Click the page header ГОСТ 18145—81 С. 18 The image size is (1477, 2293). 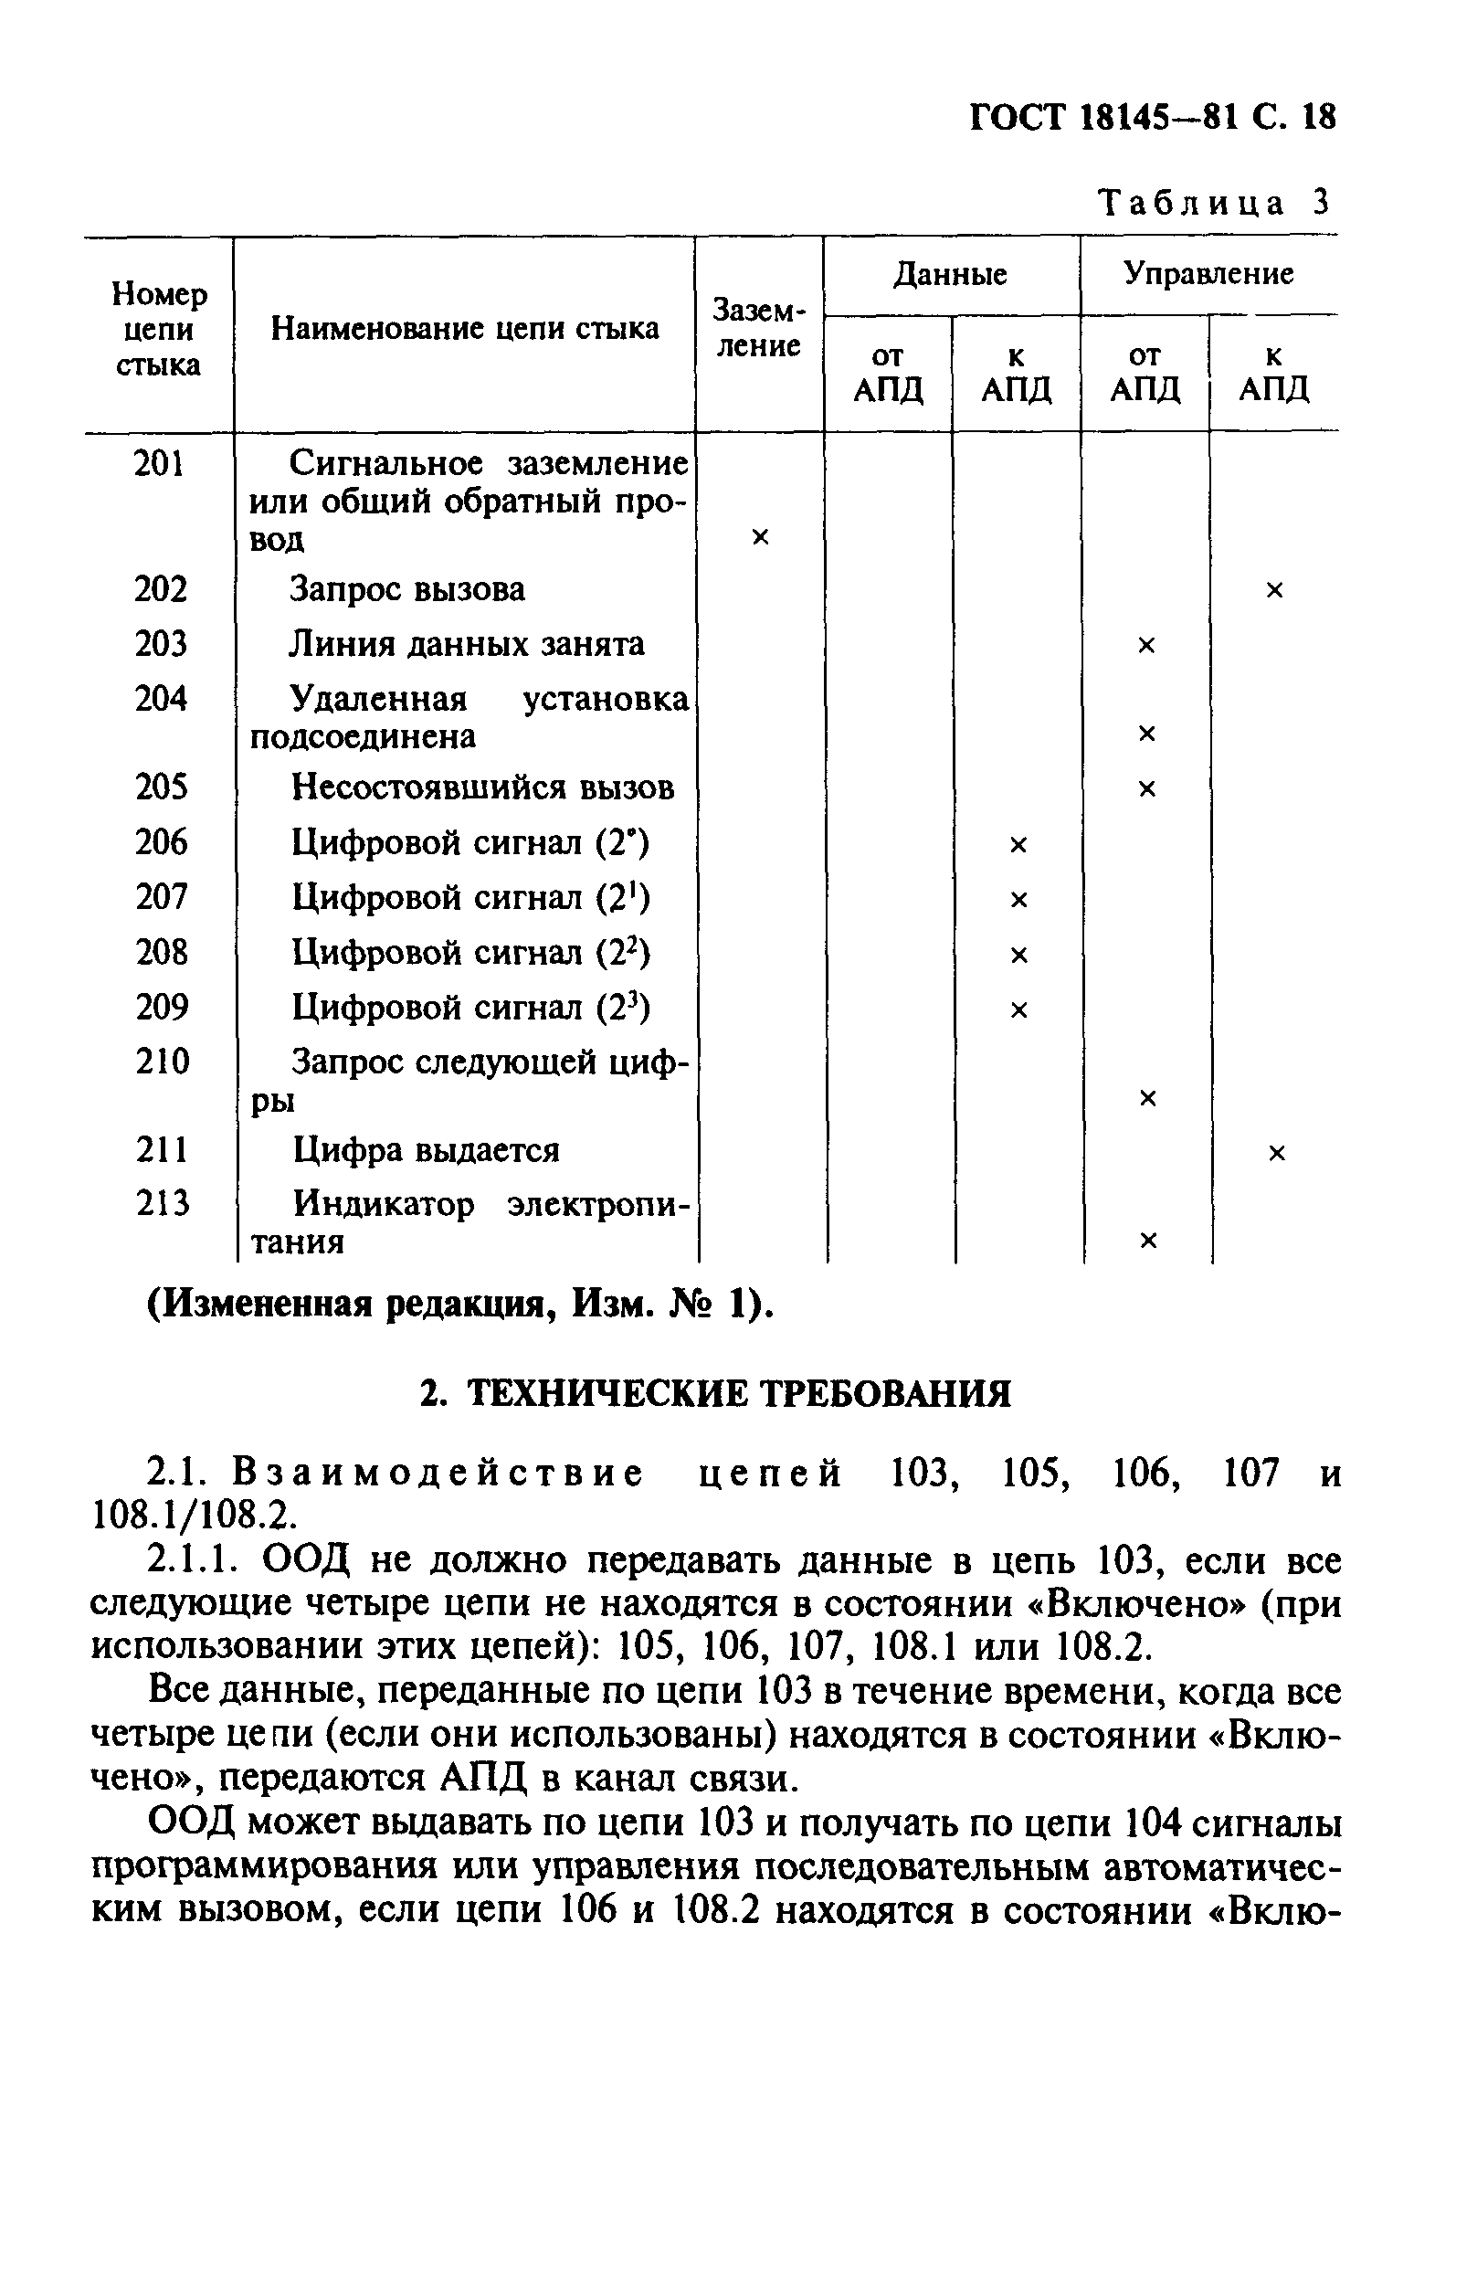pos(1152,117)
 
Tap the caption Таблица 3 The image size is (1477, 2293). pos(1214,203)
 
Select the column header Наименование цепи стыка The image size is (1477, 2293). pos(465,329)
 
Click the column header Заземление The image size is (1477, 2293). pos(759,328)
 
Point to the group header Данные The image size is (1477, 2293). pos(951,275)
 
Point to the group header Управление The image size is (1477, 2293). pos(1208,274)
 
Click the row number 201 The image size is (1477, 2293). pos(158,464)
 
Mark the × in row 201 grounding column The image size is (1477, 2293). pos(760,537)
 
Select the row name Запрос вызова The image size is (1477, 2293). pos(407,589)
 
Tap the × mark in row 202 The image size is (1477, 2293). pos(1273,590)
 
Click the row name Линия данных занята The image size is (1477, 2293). pos(467,643)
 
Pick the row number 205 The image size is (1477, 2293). pos(161,787)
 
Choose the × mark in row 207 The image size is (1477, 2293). pos(1018,900)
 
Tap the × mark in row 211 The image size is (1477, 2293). pos(1275,1153)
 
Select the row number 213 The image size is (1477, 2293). pos(162,1202)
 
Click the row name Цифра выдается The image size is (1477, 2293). pos(426,1150)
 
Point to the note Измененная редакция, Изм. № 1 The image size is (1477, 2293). pos(459,1305)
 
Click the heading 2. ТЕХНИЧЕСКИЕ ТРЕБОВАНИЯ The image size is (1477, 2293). pos(715,1393)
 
